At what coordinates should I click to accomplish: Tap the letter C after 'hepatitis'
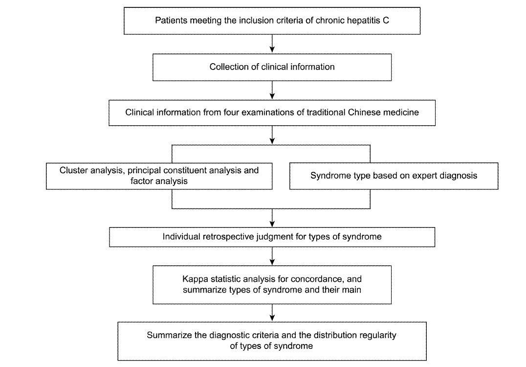386,21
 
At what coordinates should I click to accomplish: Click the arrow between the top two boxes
272,44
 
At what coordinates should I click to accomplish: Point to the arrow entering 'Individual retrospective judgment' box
272,218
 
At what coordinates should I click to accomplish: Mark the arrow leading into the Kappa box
272,256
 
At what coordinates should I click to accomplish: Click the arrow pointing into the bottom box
272,313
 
